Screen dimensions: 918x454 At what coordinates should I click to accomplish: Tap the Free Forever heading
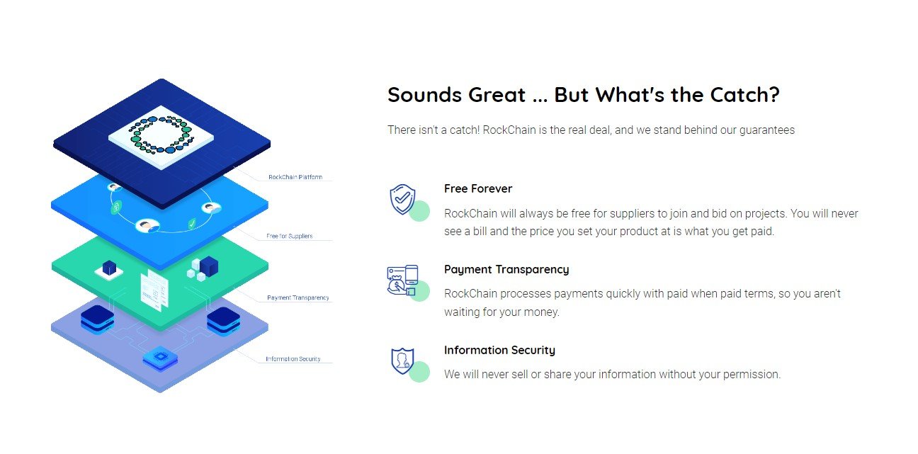[478, 188]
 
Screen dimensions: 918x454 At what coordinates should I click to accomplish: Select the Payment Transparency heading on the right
[506, 270]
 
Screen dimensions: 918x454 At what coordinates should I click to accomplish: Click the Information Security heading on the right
[499, 350]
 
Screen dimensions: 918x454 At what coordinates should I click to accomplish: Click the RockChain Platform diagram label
[295, 177]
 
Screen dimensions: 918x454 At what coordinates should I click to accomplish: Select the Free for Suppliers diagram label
[289, 236]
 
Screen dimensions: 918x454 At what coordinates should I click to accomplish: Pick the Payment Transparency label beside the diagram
[298, 297]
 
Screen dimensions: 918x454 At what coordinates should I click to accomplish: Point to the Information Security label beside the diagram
[293, 359]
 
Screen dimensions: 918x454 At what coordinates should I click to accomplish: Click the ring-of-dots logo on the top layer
[161, 135]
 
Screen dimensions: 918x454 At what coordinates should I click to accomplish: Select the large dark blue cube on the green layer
[208, 266]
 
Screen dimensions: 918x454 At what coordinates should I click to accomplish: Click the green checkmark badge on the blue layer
[192, 224]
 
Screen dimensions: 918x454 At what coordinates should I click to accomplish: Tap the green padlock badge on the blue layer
[116, 208]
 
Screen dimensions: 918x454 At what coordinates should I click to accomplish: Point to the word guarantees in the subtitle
[767, 130]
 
